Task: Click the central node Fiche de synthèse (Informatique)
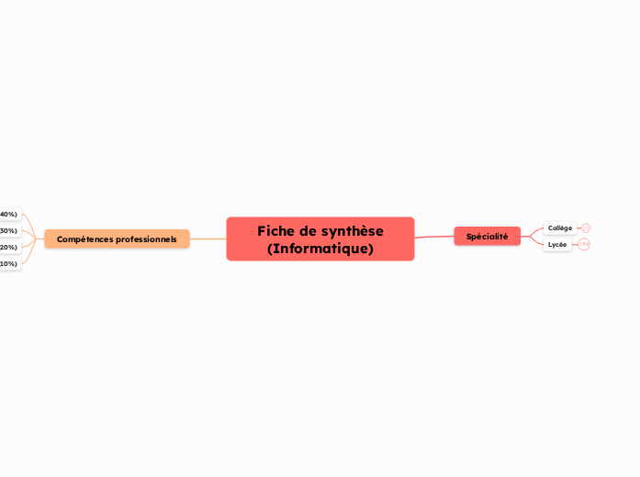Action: click(320, 239)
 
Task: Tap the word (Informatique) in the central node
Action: click(320, 249)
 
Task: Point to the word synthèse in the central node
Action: click(349, 231)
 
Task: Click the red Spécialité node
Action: click(487, 237)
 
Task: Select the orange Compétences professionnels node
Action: click(117, 239)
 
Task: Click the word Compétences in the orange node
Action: click(84, 239)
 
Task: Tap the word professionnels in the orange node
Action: click(146, 239)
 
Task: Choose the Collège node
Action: click(559, 228)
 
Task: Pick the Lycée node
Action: click(557, 245)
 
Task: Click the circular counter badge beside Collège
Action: click(586, 228)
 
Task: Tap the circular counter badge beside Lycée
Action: click(583, 245)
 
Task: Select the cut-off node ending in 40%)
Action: click(8, 215)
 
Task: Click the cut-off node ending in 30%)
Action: click(8, 231)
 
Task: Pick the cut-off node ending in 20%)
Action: click(8, 248)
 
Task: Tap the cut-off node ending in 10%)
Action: click(8, 264)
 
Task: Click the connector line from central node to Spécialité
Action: click(434, 237)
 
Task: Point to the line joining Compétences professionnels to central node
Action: click(208, 239)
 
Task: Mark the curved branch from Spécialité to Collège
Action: click(533, 230)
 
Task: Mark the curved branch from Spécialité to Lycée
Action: click(533, 243)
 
